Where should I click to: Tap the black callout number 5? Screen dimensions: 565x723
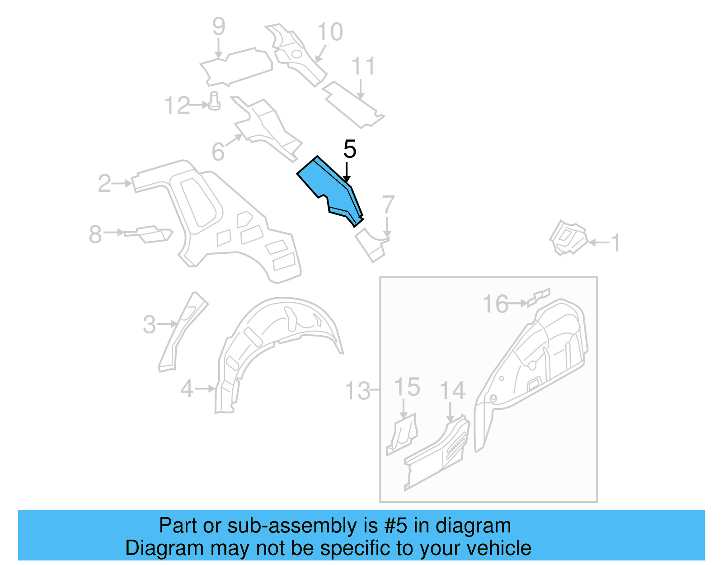pyautogui.click(x=350, y=149)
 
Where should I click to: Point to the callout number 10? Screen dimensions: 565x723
pyautogui.click(x=330, y=32)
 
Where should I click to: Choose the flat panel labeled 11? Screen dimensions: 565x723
pyautogui.click(x=352, y=104)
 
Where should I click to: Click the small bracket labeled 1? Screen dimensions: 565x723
pyautogui.click(x=568, y=237)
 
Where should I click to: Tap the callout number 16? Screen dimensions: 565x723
pyautogui.click(x=495, y=304)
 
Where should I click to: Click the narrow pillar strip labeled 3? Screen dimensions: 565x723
pyautogui.click(x=183, y=330)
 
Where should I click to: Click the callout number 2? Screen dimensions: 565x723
pyautogui.click(x=104, y=183)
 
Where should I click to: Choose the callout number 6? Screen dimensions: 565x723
pyautogui.click(x=218, y=152)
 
